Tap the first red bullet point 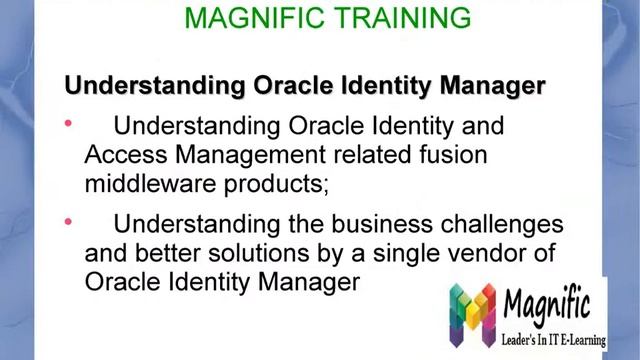click(69, 123)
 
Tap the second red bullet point click(69, 220)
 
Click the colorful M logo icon click(472, 312)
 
